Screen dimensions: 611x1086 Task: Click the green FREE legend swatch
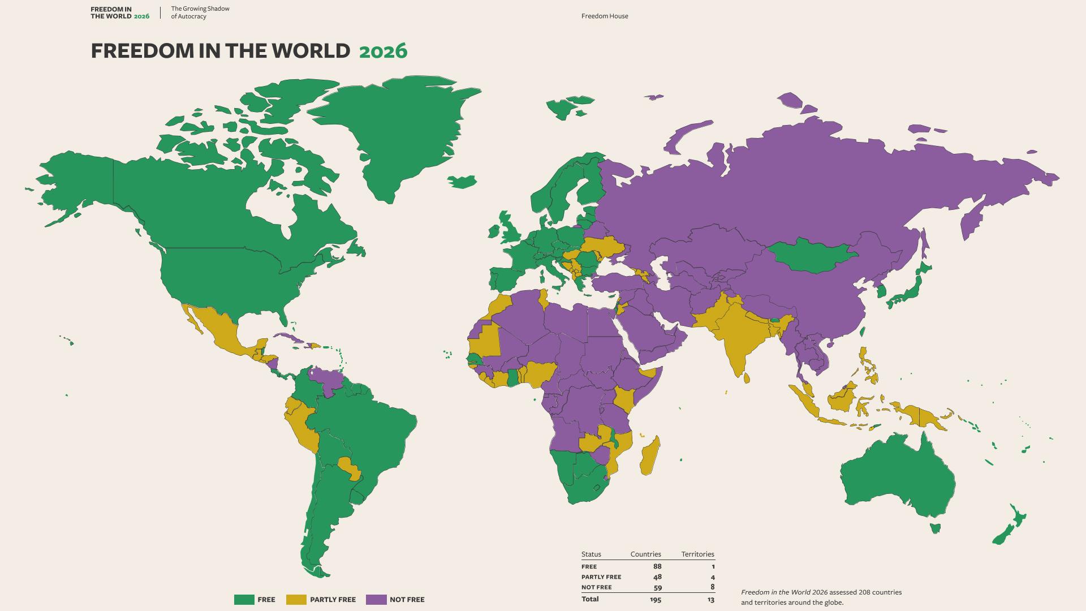[x=244, y=600]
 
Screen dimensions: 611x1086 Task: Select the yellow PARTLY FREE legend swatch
[x=296, y=600]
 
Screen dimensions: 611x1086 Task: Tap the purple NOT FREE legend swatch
[x=376, y=600]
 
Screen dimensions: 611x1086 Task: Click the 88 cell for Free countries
[x=657, y=566]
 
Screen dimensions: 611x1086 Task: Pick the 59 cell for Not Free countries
[x=657, y=587]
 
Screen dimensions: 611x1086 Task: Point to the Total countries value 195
[x=655, y=599]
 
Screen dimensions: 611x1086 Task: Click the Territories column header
[x=697, y=554]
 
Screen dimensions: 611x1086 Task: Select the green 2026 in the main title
[x=383, y=51]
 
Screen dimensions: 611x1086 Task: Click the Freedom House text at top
[x=604, y=16]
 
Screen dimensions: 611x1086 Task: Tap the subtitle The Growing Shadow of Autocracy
[x=200, y=12]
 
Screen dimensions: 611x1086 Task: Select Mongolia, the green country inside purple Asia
[x=812, y=256]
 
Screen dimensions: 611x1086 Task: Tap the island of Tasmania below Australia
[x=935, y=528]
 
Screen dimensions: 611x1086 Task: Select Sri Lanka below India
[x=747, y=377]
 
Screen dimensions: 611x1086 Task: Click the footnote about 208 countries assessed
[x=821, y=597]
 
